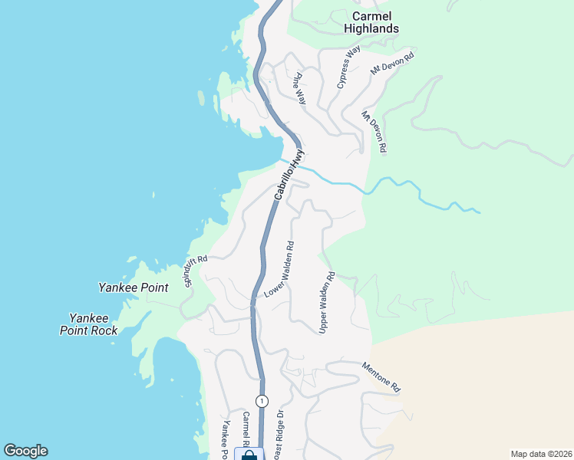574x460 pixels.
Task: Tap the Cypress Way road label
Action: pos(348,67)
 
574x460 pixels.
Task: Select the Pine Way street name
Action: pos(300,87)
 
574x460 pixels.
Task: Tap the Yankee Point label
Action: pos(133,287)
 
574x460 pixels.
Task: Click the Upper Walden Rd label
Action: pos(327,302)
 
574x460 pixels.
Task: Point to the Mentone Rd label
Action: pos(381,377)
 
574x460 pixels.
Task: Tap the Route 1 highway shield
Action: pos(262,401)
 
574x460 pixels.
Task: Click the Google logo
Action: pos(25,451)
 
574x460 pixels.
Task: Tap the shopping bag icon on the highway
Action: pos(249,455)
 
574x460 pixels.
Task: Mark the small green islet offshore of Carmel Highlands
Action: pos(200,98)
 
